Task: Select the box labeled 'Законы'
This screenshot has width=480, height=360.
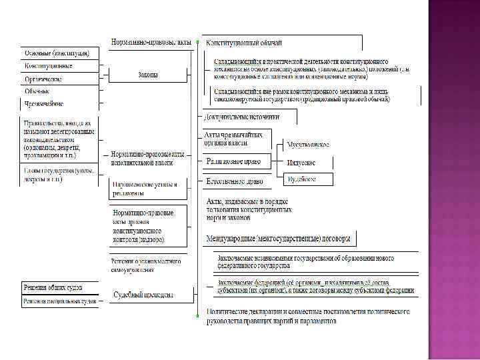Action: [x=148, y=75]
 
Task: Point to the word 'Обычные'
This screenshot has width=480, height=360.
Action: [x=37, y=91]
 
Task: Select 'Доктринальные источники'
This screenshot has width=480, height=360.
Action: [x=242, y=116]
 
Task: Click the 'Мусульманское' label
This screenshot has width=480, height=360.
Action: [x=307, y=144]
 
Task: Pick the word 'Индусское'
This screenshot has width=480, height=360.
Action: [x=301, y=162]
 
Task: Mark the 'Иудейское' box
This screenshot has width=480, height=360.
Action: [x=301, y=179]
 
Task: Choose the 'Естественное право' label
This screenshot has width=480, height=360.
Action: [x=234, y=181]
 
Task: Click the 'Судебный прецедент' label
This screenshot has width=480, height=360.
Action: [x=144, y=294]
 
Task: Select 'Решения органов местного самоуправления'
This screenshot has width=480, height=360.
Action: [x=145, y=265]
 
